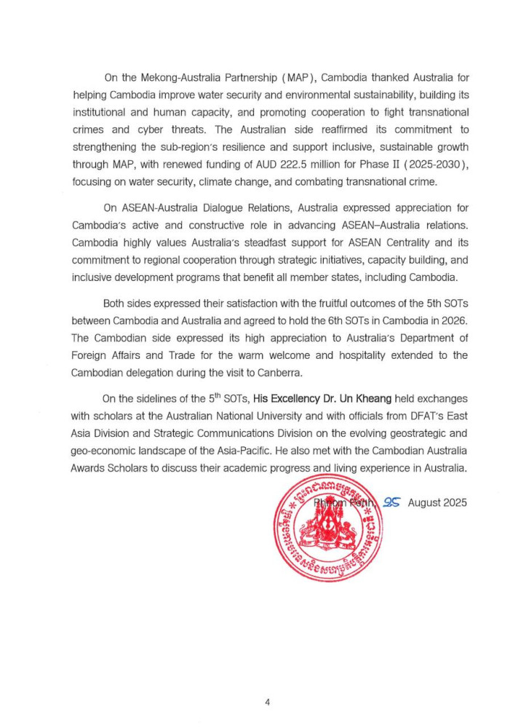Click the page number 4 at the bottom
coord(268,702)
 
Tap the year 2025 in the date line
coord(453,502)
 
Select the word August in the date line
coord(423,502)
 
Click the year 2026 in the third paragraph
coord(450,321)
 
